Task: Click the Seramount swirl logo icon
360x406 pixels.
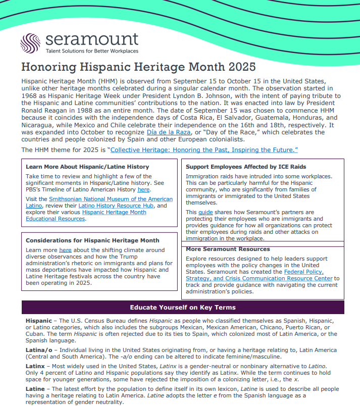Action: [31, 43]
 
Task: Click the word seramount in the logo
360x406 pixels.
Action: [91, 39]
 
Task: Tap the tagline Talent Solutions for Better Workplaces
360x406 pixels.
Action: [91, 51]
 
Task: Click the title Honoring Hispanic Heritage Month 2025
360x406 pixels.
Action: [138, 67]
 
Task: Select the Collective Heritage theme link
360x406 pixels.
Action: [204, 150]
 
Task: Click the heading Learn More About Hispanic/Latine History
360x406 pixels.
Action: [87, 167]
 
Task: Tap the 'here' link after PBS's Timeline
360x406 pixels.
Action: [143, 190]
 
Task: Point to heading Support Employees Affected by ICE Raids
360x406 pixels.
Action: [246, 167]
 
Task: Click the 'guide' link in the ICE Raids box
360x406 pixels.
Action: [205, 213]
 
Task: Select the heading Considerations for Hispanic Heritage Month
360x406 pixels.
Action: [92, 240]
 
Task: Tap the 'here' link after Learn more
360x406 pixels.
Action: [65, 250]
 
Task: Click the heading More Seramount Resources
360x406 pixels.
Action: [228, 249]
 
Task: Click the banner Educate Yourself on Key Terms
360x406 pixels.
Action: [183, 308]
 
